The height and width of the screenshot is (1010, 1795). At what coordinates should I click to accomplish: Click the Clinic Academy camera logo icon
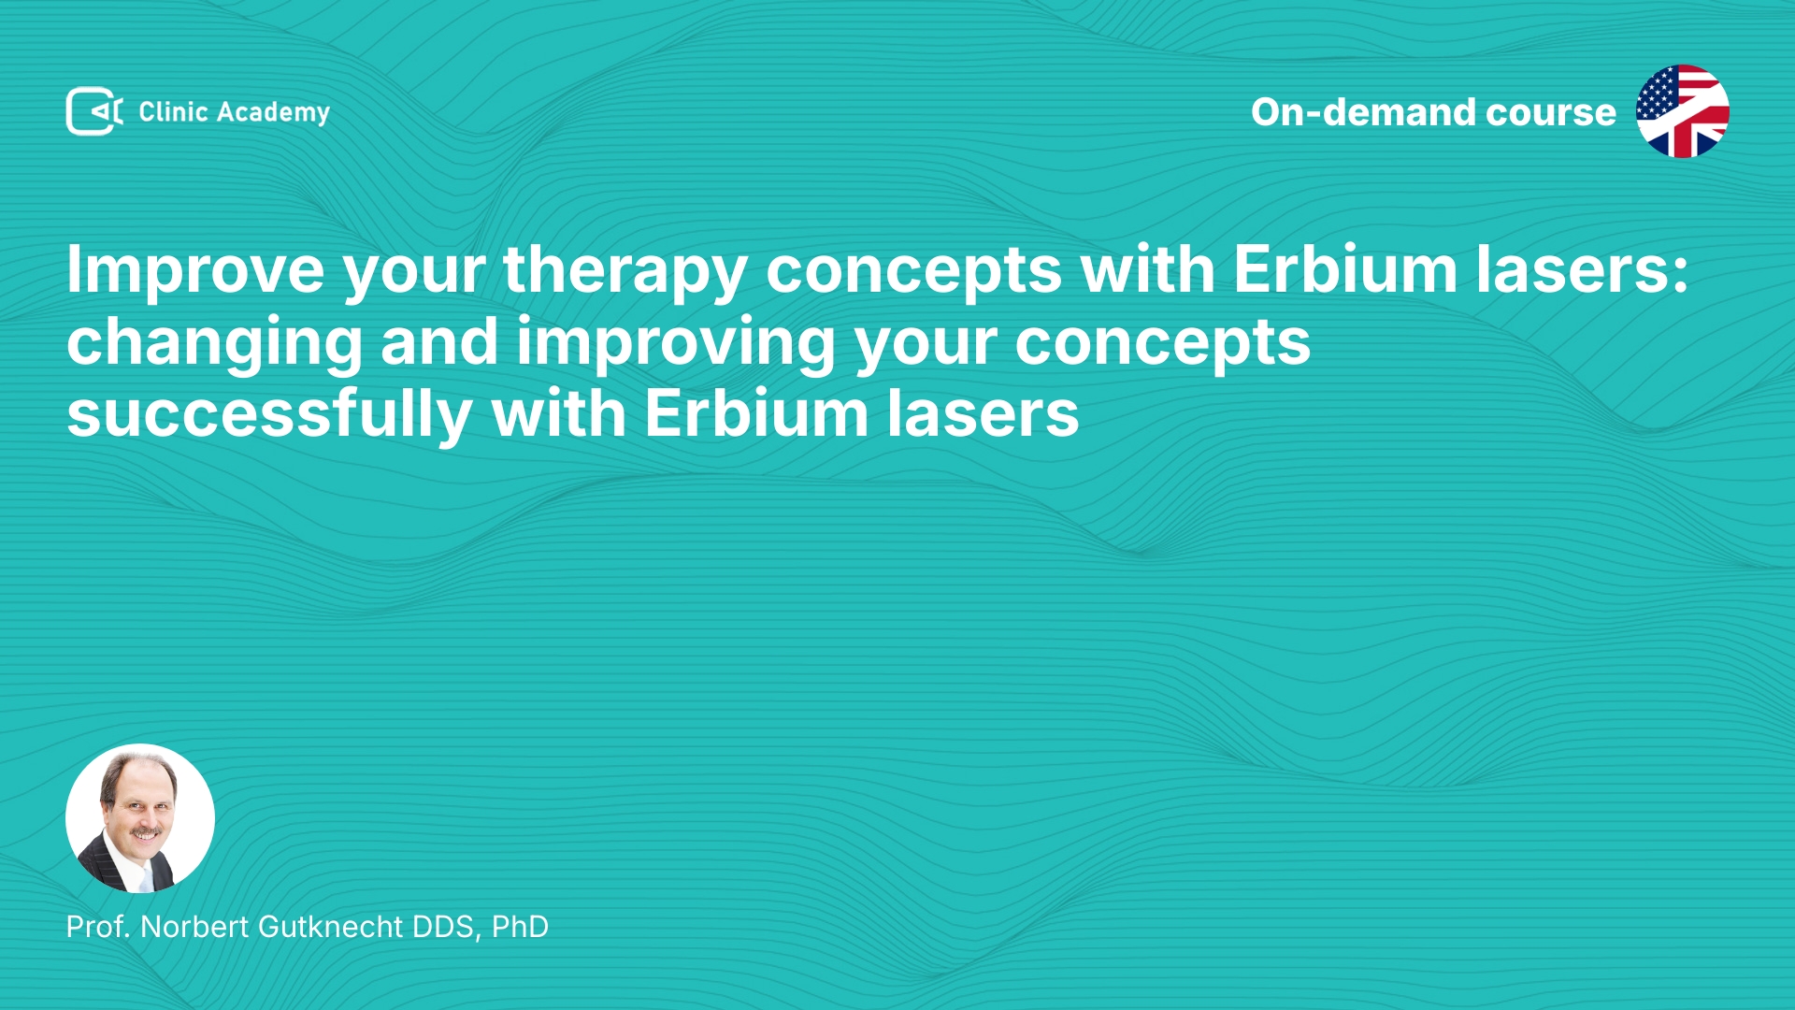point(94,111)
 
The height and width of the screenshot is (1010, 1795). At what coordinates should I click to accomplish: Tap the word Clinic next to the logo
point(173,112)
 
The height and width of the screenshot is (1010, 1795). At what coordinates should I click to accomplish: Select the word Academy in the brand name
point(273,113)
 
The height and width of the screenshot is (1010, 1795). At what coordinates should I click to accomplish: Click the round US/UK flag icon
point(1682,111)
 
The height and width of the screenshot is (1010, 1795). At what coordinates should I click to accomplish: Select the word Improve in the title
point(195,270)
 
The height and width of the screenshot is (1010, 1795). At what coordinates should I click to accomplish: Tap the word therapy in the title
point(625,271)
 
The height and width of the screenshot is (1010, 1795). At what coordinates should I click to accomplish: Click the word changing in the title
point(214,343)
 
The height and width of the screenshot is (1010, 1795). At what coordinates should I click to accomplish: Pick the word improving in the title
point(676,343)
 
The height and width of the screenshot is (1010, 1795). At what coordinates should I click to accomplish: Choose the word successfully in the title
point(269,414)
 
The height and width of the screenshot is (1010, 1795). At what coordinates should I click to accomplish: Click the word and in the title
point(439,341)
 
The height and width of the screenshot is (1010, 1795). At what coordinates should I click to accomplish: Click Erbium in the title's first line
point(1345,269)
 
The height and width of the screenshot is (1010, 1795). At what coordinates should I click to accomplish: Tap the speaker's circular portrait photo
point(140,818)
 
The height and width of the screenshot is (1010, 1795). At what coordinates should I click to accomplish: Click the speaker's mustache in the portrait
point(146,831)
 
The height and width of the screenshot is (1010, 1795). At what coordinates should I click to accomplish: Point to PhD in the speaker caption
point(520,927)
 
